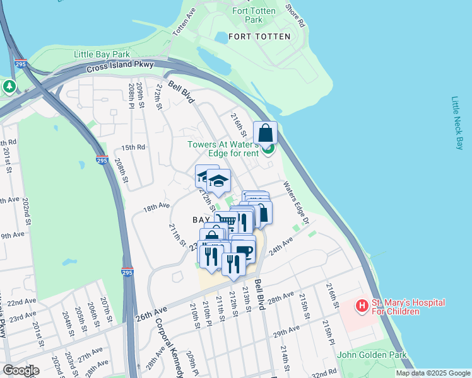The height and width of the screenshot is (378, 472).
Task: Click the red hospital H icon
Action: [x=362, y=307]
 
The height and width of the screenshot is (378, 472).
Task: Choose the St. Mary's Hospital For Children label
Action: [x=408, y=307]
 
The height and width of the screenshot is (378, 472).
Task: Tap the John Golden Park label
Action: [x=372, y=355]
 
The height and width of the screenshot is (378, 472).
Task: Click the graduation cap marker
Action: [x=218, y=181]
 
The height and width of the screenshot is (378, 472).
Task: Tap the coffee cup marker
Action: [x=244, y=251]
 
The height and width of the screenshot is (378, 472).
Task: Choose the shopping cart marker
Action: [x=225, y=221]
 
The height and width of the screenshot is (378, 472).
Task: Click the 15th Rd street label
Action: [x=133, y=147]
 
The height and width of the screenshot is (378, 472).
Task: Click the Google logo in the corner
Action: [x=21, y=370]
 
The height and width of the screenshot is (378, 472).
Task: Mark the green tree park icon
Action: [x=9, y=86]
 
